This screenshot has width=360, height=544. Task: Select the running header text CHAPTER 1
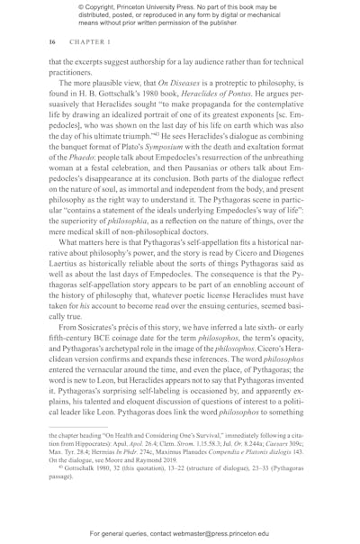click(x=82, y=41)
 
